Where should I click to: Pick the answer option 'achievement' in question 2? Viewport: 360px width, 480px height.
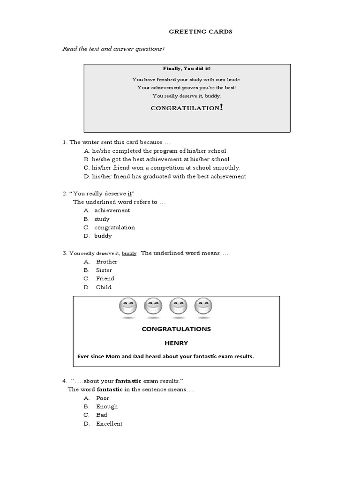112,210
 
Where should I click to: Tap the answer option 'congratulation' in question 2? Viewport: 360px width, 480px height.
114,227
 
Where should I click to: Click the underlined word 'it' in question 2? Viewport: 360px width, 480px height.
130,194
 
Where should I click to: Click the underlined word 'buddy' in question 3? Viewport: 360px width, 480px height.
129,253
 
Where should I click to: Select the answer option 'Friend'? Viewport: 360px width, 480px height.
105,278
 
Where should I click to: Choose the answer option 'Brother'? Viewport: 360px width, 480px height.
106,262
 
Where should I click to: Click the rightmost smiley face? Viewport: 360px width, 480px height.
202,307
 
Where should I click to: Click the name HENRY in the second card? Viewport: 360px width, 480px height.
176,343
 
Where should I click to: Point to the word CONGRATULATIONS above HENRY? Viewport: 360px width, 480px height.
176,329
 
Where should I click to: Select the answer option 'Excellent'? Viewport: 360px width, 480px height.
109,423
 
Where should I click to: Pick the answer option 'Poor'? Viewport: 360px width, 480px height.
103,398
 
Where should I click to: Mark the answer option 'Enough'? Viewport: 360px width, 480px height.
107,406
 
